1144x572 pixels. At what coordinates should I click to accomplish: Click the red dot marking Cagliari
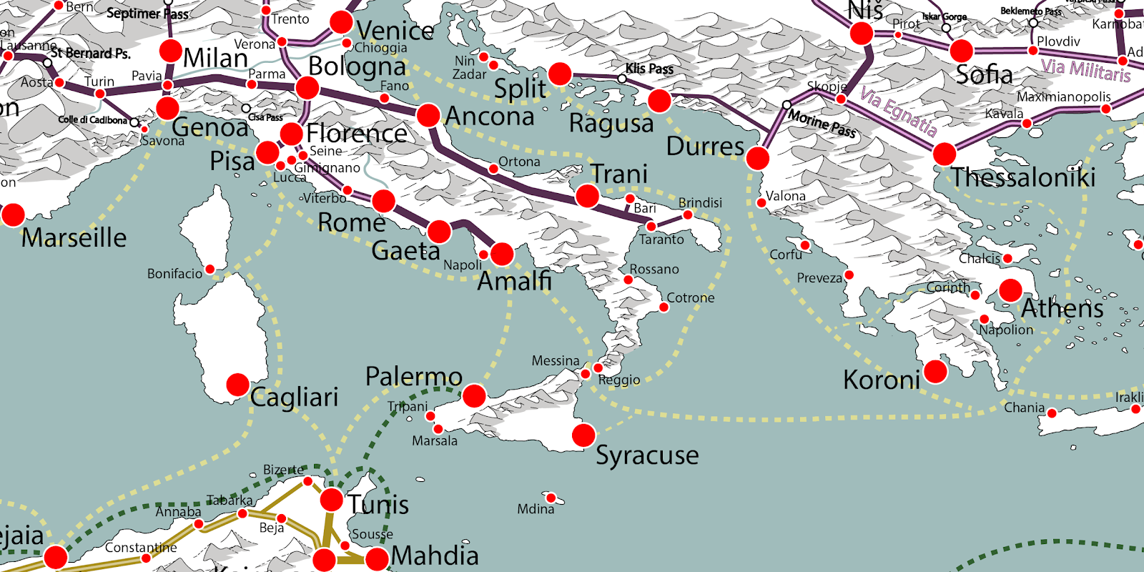237,385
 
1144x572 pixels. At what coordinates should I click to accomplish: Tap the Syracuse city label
647,455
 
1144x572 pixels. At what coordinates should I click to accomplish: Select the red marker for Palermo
474,395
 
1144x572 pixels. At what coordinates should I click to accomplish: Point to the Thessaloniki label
1022,177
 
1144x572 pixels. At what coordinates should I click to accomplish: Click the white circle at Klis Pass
622,79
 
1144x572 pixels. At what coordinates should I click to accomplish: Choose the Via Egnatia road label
898,112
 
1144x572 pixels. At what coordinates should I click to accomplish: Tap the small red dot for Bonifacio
210,270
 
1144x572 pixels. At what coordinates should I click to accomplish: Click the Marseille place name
74,237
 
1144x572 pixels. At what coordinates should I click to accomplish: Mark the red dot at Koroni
935,372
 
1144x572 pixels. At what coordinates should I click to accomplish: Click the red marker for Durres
757,158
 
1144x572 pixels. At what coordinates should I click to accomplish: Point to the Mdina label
536,509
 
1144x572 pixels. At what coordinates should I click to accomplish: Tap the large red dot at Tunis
331,499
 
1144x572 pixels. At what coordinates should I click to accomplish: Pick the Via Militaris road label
1085,70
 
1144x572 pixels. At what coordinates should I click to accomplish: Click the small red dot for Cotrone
664,307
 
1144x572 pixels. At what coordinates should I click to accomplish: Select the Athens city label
1062,308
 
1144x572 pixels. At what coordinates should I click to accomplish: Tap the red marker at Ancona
428,115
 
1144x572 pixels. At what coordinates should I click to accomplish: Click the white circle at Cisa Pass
246,109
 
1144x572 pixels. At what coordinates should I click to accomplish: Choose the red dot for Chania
1052,413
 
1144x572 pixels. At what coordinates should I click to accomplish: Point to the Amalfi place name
514,281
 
